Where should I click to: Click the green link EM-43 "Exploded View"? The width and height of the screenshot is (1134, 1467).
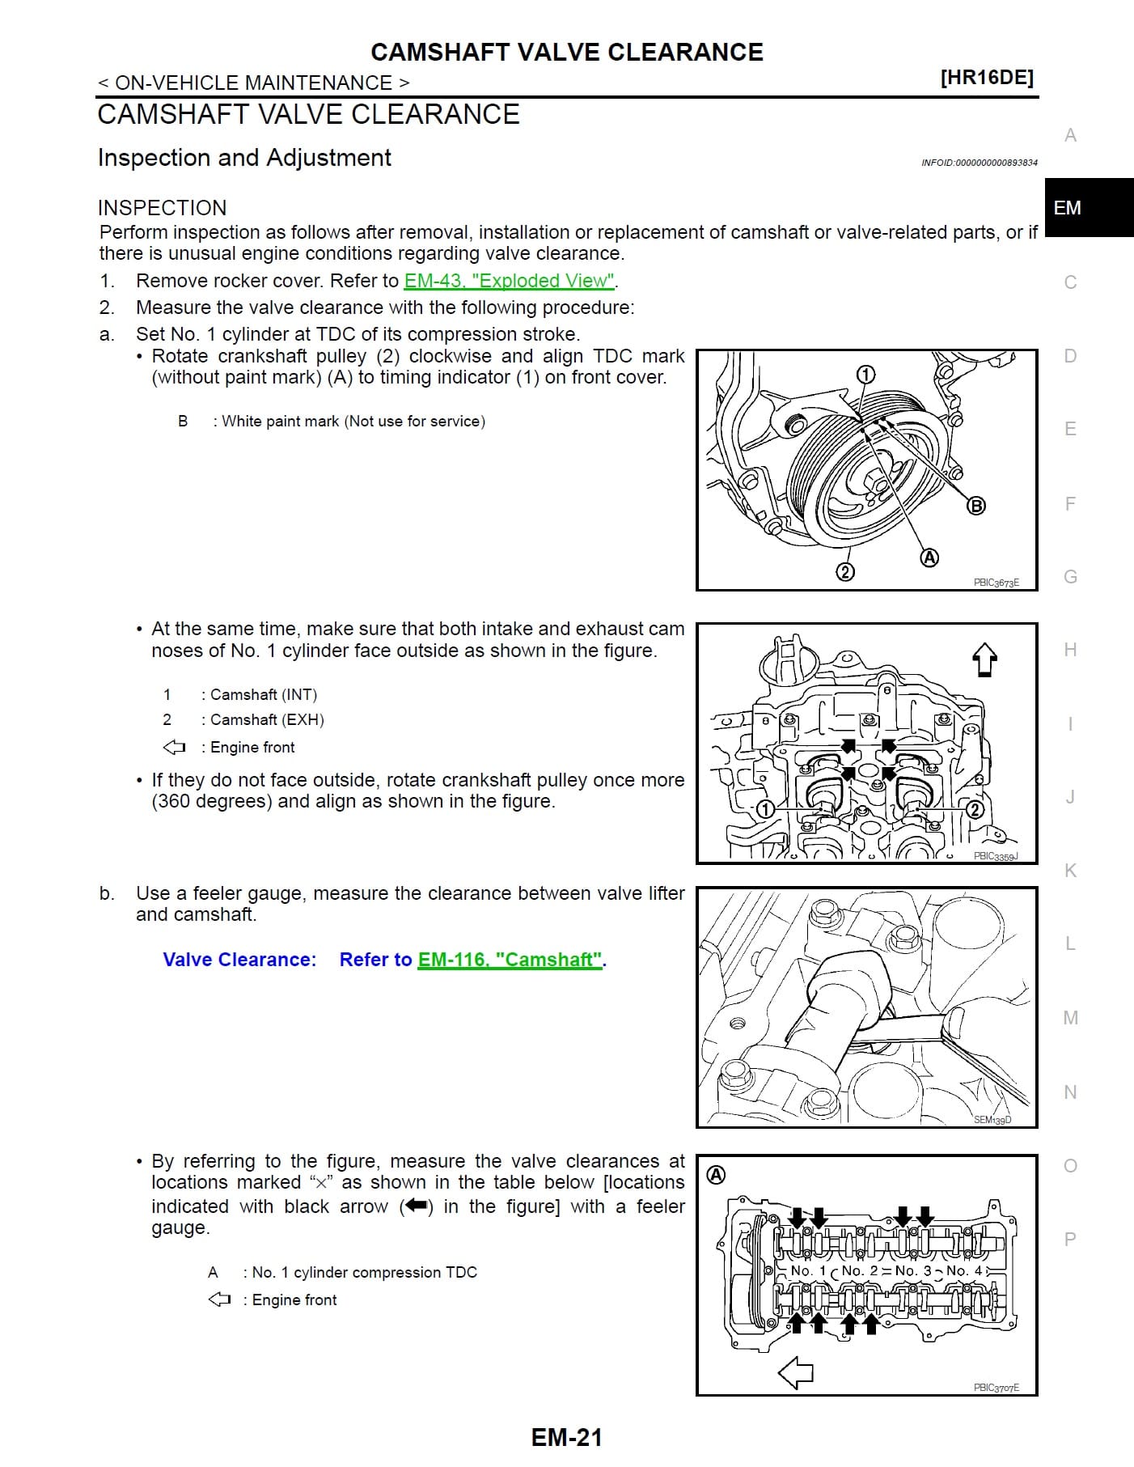coord(510,281)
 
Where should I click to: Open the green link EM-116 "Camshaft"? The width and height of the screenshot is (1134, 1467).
coord(510,960)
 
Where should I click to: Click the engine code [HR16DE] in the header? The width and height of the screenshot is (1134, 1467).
coord(987,78)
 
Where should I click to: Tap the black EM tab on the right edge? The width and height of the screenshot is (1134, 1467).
coord(1089,208)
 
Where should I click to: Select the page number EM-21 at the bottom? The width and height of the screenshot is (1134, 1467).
coord(567,1437)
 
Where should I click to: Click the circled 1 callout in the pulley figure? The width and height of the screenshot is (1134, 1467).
coord(865,374)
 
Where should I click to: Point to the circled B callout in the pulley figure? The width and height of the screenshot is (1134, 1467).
coord(977,506)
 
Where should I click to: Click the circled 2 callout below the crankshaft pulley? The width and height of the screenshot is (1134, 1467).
coord(844,572)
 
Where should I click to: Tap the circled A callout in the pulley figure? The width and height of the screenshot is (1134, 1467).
coord(929,558)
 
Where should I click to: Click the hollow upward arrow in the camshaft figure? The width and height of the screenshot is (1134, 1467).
coord(984,659)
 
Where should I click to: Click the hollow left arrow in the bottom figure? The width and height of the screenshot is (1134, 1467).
coord(795,1372)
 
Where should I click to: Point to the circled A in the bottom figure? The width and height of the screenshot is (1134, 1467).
coord(716,1176)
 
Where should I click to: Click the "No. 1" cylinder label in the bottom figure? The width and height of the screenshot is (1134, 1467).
coord(808,1270)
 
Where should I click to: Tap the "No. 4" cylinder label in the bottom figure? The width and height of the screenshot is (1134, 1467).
coord(964,1270)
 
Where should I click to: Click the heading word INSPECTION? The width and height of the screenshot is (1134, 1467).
coord(162,208)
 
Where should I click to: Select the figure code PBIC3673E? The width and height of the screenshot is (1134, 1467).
coord(996,583)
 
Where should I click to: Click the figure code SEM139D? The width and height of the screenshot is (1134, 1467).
coord(992,1120)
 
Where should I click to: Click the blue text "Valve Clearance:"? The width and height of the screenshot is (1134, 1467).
coord(239,960)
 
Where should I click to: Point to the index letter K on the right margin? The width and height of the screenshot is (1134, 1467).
coord(1070,871)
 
